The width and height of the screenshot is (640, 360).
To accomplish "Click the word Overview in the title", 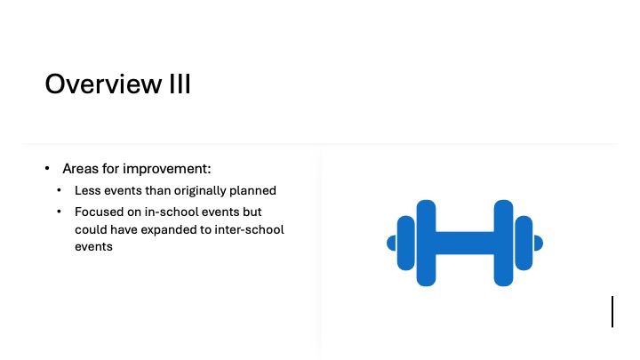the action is [103, 84].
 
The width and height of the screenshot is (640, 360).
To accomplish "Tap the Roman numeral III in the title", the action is [180, 84].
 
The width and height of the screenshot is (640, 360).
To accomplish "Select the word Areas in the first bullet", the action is [80, 169].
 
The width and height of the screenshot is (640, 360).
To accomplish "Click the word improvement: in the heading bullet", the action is [167, 169].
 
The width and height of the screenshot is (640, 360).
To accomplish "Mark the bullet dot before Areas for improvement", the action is [47, 168].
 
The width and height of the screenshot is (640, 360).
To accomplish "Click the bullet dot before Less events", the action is [60, 190].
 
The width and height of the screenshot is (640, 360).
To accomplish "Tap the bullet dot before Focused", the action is [60, 212].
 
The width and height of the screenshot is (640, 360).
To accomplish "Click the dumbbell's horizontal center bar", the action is [465, 244].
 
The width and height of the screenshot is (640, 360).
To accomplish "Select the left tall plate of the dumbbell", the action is [426, 243].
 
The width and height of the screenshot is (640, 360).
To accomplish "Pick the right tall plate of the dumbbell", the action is [503, 243].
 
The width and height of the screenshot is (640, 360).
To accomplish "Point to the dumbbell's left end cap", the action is [391, 244].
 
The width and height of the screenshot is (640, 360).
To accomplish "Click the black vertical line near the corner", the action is [612, 312].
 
